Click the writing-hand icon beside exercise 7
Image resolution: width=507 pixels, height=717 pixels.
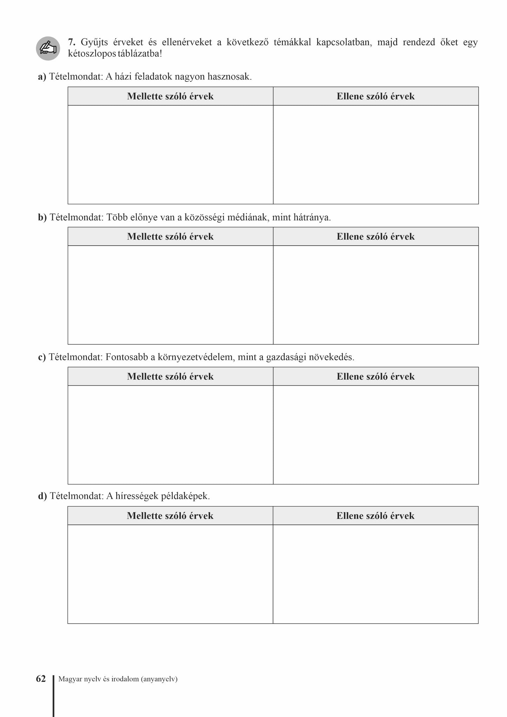pyautogui.click(x=48, y=48)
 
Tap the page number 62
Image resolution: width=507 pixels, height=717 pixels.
pyautogui.click(x=41, y=679)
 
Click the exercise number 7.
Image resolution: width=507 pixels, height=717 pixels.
pyautogui.click(x=72, y=42)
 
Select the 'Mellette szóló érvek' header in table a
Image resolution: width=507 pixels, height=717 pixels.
pyautogui.click(x=170, y=96)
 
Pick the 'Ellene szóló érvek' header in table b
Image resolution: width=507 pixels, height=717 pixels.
pyautogui.click(x=375, y=237)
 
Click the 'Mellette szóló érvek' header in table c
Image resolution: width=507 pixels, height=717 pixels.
pyautogui.click(x=170, y=377)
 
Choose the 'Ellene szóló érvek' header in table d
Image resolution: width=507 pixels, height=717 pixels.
pyautogui.click(x=375, y=516)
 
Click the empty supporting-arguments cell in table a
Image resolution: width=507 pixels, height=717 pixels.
pyautogui.click(x=170, y=154)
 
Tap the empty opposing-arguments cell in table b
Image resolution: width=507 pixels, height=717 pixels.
pyautogui.click(x=375, y=295)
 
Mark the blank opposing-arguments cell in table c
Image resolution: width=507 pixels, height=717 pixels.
pyautogui.click(x=375, y=434)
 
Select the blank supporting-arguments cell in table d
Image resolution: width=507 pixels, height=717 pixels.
pyautogui.click(x=170, y=574)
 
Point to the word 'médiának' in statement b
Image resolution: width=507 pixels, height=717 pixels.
pyautogui.click(x=248, y=217)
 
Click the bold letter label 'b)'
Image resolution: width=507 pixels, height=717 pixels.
pyautogui.click(x=42, y=217)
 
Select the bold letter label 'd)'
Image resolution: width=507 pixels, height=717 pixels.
pyautogui.click(x=42, y=496)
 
